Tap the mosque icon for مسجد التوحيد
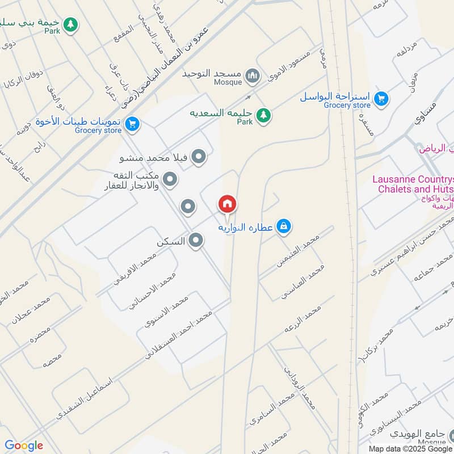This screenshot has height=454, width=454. pos(253,75)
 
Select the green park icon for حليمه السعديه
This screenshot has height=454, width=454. pos(263,115)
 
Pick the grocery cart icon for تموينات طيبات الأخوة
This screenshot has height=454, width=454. pos(132,123)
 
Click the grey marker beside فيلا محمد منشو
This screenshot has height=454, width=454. pos(198,156)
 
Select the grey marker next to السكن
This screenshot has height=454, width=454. pos(196,241)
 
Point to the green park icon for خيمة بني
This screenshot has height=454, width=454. pos(70,24)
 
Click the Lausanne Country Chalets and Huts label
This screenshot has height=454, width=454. pos(413,184)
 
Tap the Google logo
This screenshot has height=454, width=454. pos(24,445)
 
